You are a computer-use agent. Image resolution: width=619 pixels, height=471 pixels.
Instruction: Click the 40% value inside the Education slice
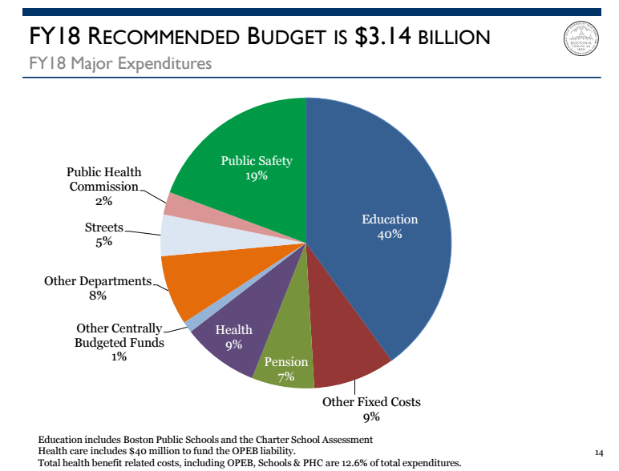point(390,235)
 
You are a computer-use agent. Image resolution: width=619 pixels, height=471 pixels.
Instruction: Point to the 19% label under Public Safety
point(257,176)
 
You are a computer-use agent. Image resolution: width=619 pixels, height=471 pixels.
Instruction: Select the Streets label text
point(104,227)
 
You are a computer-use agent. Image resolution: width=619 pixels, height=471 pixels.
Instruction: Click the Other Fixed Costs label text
point(371,402)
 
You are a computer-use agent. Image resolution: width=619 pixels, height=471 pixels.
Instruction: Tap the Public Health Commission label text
point(103,179)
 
